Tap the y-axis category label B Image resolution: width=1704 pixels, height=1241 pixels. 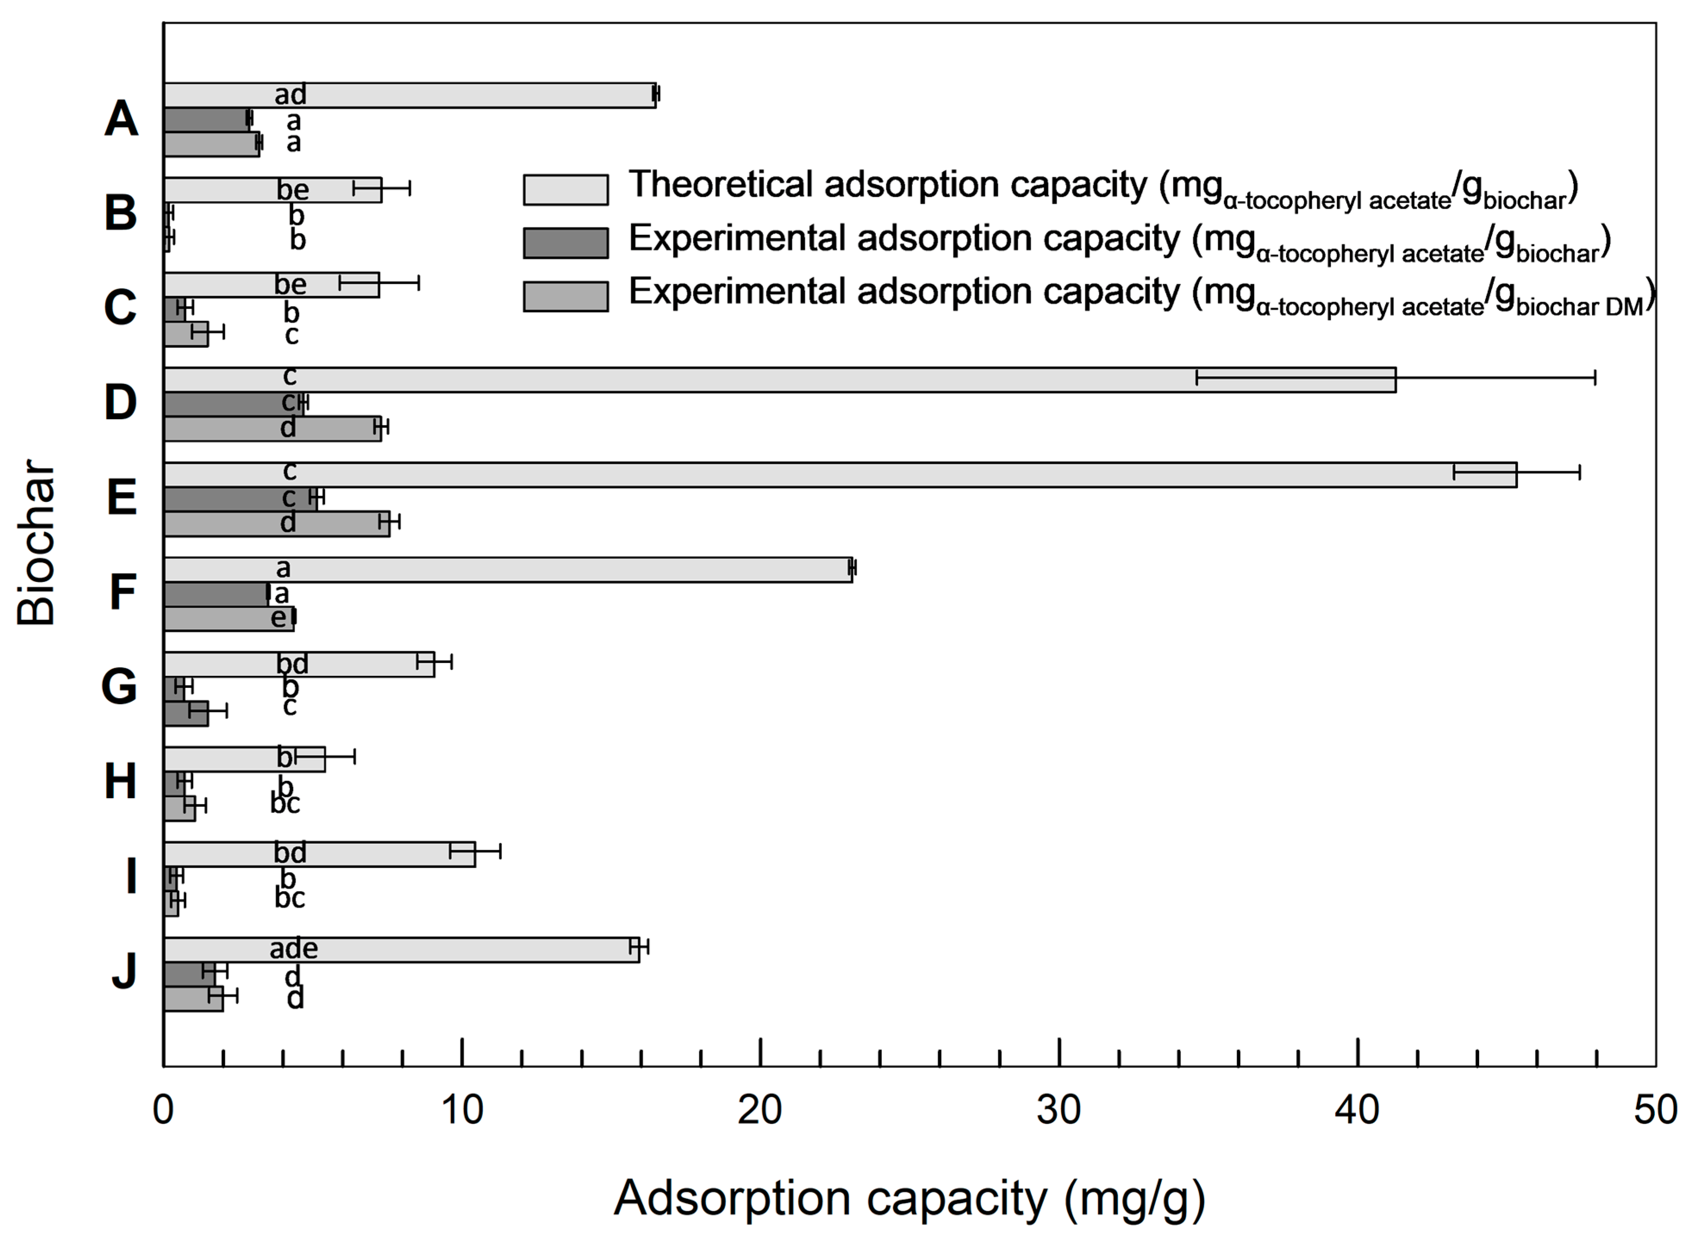coord(120,213)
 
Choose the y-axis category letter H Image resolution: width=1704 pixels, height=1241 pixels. coord(120,782)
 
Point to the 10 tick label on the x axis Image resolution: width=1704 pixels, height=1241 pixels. coord(461,1110)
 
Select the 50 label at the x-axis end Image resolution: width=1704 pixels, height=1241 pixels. coord(1655,1110)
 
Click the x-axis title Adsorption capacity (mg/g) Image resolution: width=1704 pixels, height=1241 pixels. coord(909,1198)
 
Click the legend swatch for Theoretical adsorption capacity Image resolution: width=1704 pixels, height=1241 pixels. coord(566,190)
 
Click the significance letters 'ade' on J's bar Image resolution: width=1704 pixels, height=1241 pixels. coord(294,949)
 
